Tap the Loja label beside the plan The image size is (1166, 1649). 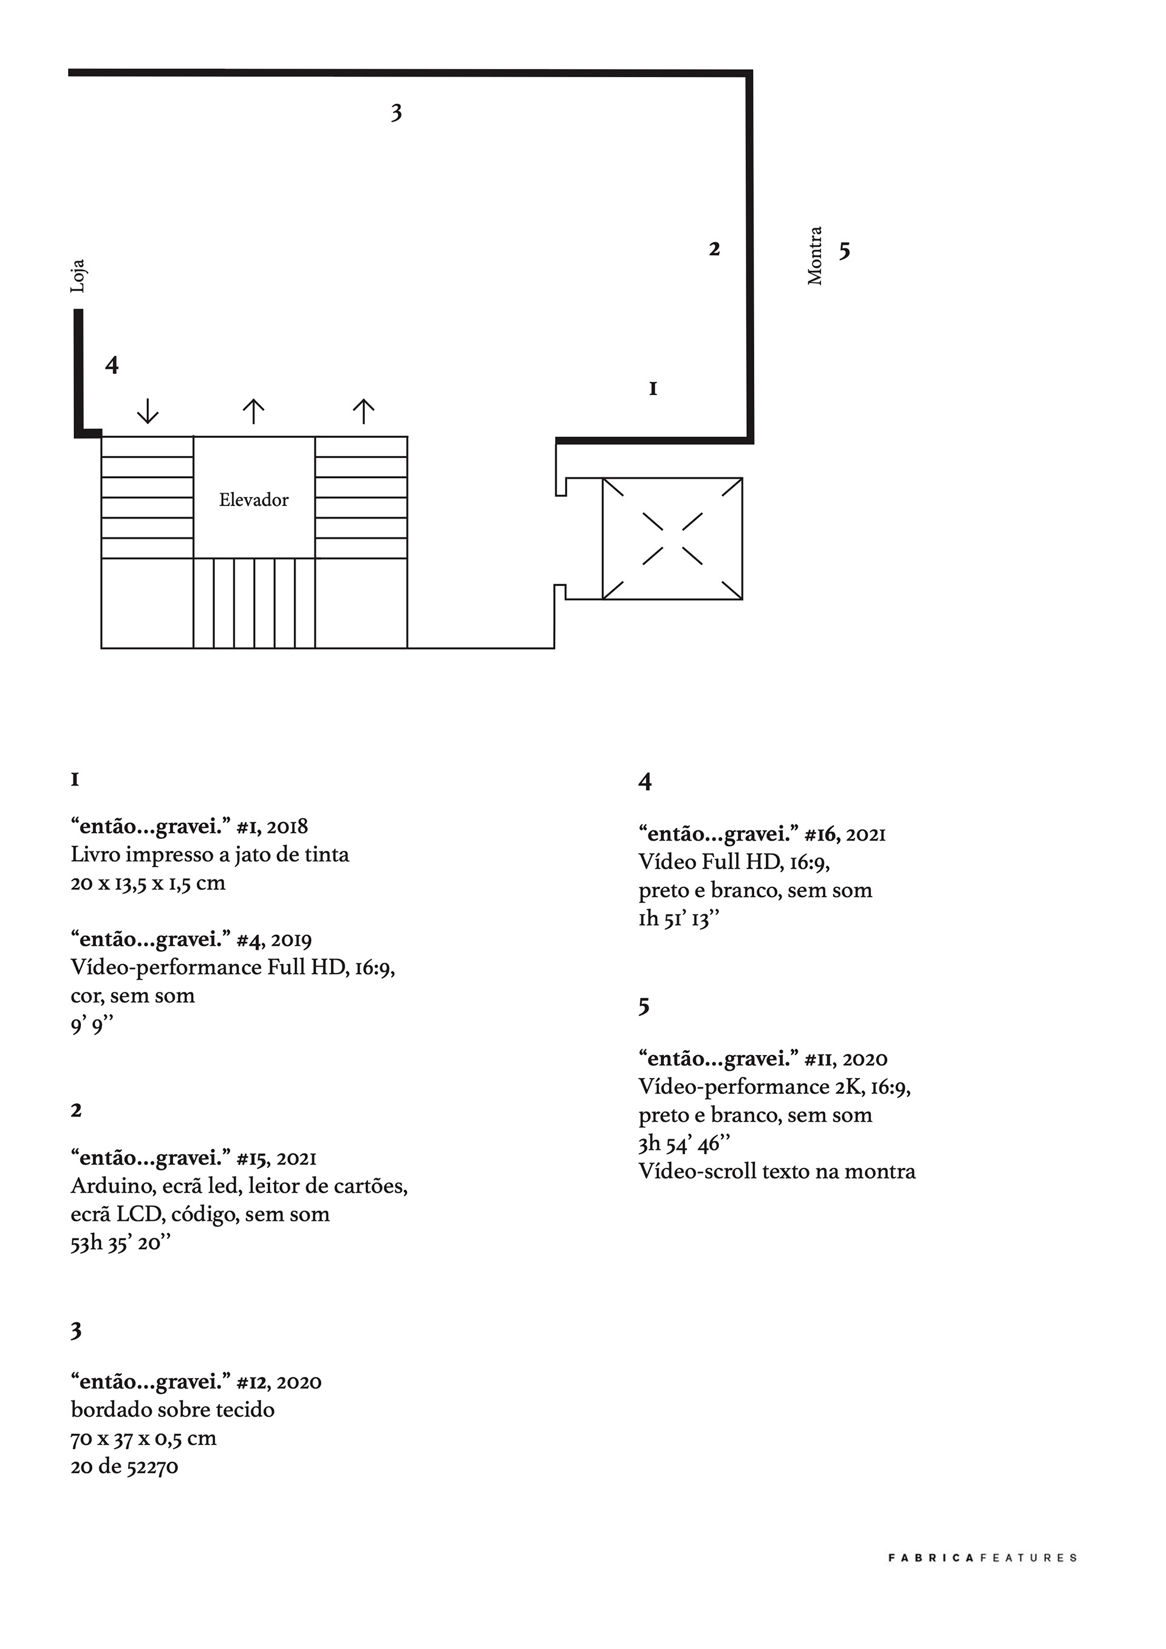(78, 276)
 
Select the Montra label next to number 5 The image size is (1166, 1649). (815, 256)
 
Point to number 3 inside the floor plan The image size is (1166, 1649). (397, 113)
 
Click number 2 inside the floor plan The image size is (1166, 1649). (714, 249)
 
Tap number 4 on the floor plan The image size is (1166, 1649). (112, 365)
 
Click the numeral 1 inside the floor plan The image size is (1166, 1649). (653, 389)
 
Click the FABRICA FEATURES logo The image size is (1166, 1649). (982, 1578)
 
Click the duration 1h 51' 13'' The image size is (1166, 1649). (678, 918)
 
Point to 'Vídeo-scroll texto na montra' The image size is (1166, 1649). (777, 1172)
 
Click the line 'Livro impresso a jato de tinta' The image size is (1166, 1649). (210, 855)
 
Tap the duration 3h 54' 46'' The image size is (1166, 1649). (684, 1144)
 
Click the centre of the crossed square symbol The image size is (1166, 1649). (672, 539)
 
